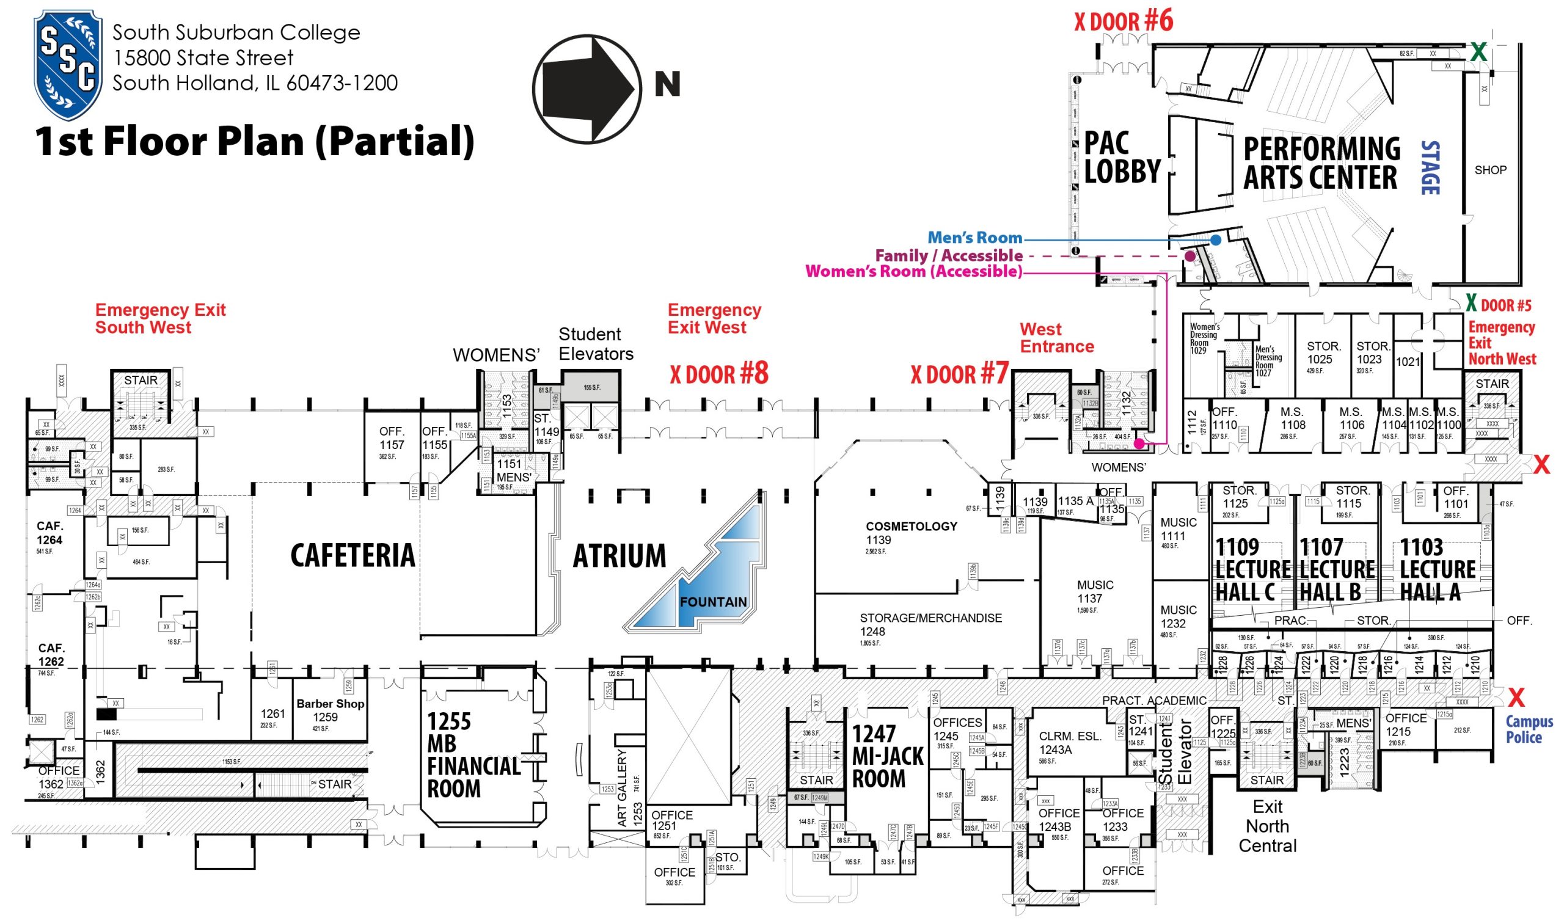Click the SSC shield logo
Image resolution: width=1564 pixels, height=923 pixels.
pos(67,64)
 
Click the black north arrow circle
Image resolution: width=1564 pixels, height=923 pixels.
pos(586,88)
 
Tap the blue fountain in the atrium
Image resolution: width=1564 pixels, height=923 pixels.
pos(703,569)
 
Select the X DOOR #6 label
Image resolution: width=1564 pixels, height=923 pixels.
pos(1123,21)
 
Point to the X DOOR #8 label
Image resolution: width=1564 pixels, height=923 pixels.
pos(719,374)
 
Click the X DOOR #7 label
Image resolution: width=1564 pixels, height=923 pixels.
pos(960,374)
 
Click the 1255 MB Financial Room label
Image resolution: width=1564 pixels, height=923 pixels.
pos(473,754)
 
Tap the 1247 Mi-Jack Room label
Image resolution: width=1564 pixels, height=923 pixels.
pos(888,756)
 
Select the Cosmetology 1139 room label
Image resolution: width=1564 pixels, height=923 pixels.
pos(911,533)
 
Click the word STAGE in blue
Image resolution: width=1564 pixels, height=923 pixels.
pos(1430,168)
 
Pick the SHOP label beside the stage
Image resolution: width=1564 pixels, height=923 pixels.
pos(1490,170)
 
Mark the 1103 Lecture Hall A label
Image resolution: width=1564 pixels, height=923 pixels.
pos(1437,569)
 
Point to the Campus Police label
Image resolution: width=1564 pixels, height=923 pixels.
pos(1529,729)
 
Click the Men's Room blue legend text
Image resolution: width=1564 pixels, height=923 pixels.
pos(974,238)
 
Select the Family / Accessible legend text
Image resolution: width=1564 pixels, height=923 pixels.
pos(948,255)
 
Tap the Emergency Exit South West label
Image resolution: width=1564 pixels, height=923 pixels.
pos(160,318)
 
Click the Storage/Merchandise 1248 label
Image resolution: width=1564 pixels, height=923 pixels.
pos(930,624)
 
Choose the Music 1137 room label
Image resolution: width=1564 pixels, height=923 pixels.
pos(1095,591)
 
